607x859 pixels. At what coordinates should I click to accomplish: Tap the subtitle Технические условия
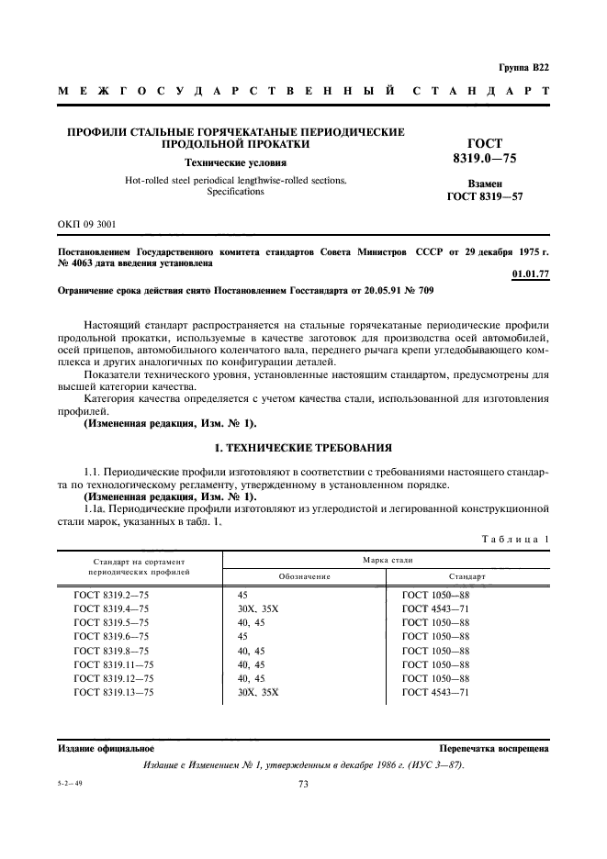pos(236,162)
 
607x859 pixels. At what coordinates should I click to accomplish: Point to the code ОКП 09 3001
pos(86,224)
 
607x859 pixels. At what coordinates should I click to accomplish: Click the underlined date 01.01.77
pos(530,273)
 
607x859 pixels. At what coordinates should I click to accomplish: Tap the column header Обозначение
pos(303,576)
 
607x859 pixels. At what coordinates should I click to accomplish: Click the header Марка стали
pos(387,559)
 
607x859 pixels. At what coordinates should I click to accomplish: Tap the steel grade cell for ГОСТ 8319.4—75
pos(257,608)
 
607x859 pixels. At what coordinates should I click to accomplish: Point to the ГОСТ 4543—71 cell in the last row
pos(435,692)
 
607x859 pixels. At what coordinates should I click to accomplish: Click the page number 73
pos(303,784)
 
